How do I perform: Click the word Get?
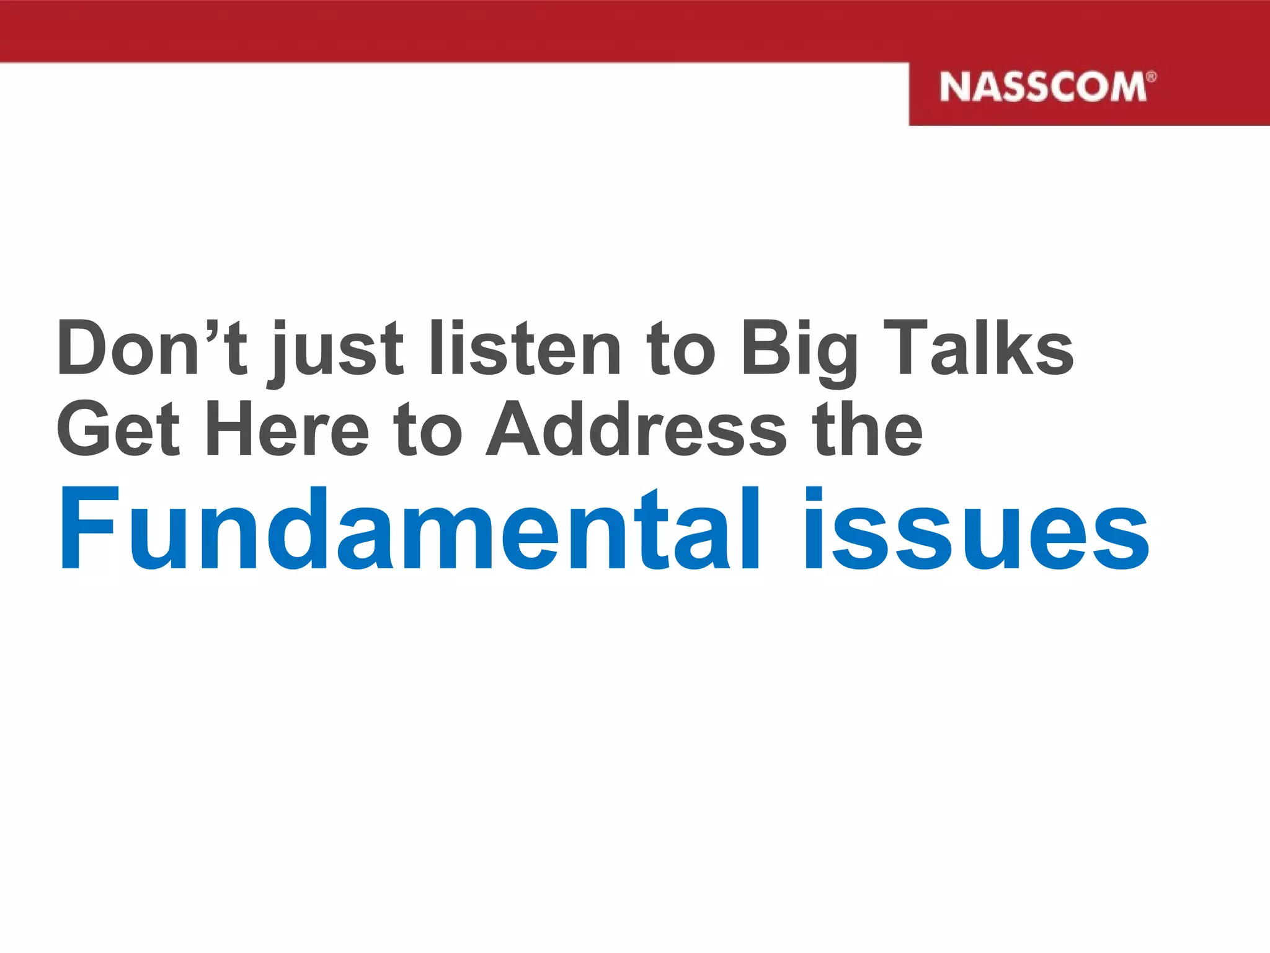118,428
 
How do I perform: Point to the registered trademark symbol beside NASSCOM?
1151,77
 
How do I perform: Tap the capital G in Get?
86,428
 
